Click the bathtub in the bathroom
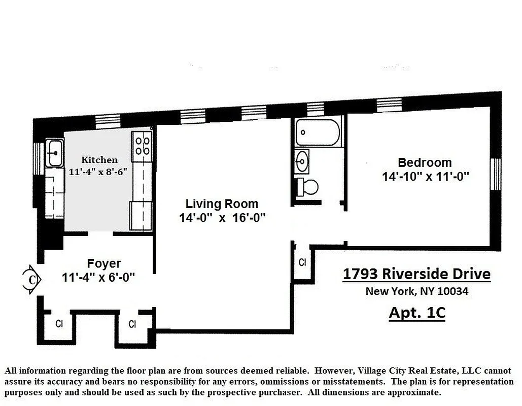[318, 132]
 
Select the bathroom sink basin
[303, 162]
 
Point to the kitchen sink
[54, 152]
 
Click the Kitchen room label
[99, 160]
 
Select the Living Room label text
[222, 204]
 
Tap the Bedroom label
[425, 163]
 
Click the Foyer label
[104, 264]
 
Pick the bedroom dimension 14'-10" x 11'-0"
[425, 177]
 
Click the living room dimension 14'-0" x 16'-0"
[222, 218]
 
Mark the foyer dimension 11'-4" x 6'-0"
[98, 278]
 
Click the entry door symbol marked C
[32, 279]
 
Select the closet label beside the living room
[302, 263]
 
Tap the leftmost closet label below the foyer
[59, 324]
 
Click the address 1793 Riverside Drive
[416, 274]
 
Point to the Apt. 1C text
[416, 312]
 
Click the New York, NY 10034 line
[416, 292]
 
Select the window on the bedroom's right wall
[496, 174]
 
